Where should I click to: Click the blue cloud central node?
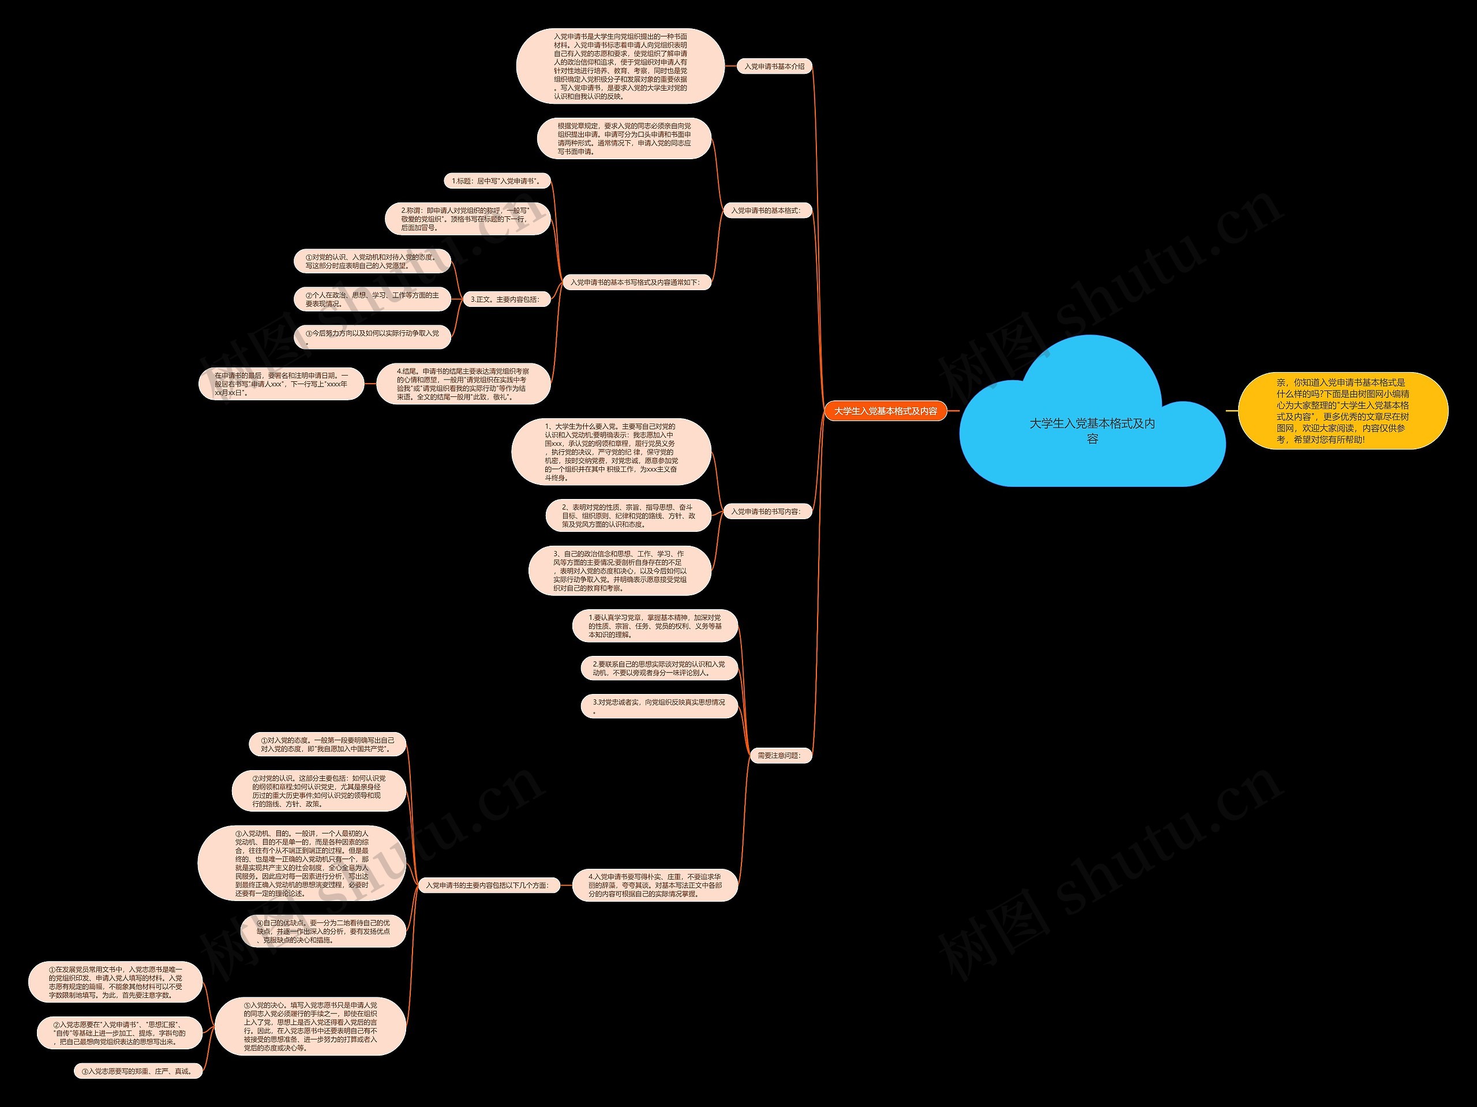tap(1092, 431)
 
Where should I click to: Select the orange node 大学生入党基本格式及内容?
tap(886, 411)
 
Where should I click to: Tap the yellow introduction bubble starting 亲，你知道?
tap(1342, 411)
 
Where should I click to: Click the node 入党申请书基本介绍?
tap(774, 67)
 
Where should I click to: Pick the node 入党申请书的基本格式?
tap(765, 211)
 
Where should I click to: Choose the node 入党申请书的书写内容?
tap(765, 512)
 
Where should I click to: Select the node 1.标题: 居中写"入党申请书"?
tap(496, 181)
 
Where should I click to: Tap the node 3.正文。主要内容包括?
tap(505, 300)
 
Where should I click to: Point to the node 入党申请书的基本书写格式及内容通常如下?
tap(634, 283)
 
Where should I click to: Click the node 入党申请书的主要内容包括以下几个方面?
tap(487, 885)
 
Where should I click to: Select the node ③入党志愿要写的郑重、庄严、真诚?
tap(137, 1071)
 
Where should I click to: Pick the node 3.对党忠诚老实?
tap(659, 706)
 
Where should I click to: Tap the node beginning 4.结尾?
tap(463, 384)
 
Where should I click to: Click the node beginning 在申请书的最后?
tap(281, 384)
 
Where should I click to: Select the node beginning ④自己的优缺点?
tap(323, 932)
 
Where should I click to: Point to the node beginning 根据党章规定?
tap(624, 139)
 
